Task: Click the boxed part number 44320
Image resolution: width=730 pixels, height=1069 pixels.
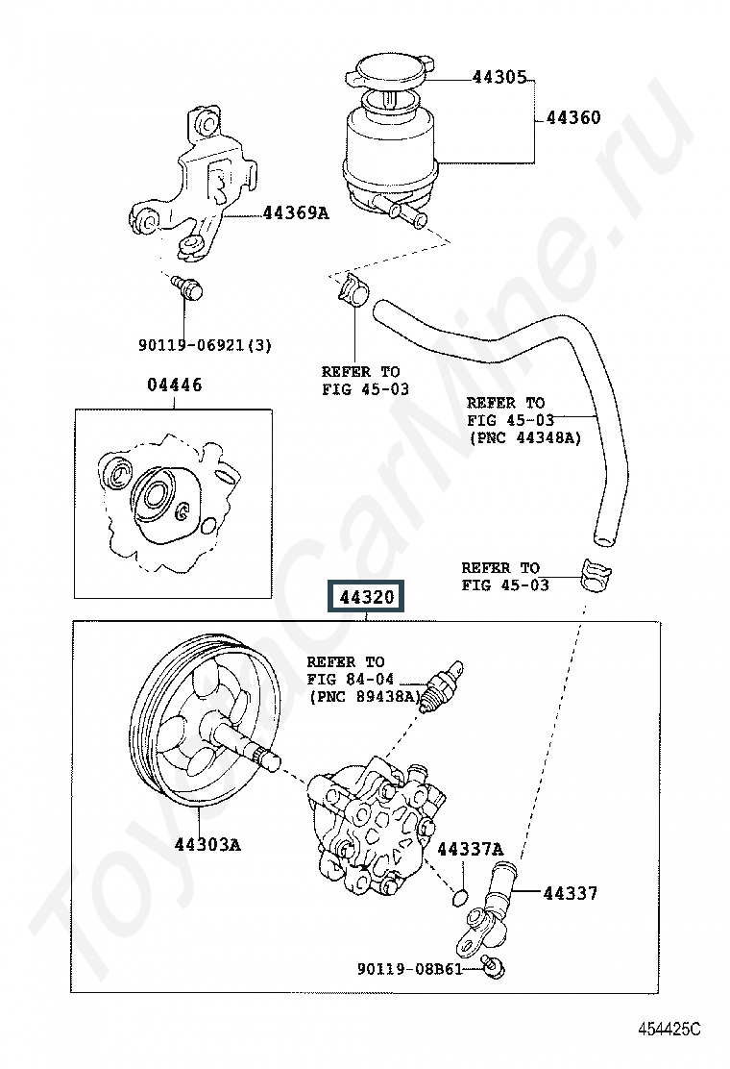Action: coord(366,598)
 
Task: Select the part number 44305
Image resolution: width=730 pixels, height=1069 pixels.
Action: coord(499,77)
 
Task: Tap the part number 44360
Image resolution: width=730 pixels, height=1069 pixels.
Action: coord(573,118)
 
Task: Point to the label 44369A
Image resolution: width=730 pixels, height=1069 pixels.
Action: coord(296,212)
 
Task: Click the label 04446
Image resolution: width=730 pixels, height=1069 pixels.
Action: coord(175,385)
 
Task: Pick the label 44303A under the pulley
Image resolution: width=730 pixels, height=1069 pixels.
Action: coord(207,845)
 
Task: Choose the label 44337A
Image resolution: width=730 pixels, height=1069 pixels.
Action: coord(470,849)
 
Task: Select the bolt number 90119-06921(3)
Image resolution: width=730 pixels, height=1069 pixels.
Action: coord(205,343)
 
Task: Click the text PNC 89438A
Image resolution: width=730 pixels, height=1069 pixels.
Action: coord(364,696)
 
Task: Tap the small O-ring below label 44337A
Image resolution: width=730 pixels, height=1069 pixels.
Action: coord(460,898)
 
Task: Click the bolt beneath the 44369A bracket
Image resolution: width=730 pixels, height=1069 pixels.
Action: coord(186,286)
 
